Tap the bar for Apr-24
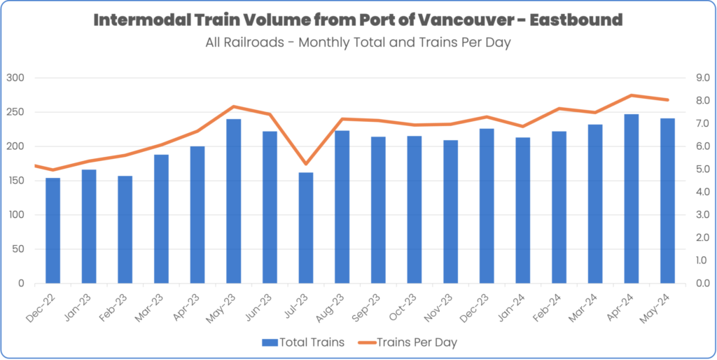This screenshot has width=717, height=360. click(x=632, y=199)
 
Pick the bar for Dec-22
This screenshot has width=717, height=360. click(x=53, y=231)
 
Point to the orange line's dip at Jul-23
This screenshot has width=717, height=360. click(x=306, y=164)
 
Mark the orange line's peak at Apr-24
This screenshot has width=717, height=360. click(x=632, y=95)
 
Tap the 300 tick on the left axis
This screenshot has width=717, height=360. click(x=15, y=78)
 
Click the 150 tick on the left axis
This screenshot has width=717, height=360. click(x=15, y=181)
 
